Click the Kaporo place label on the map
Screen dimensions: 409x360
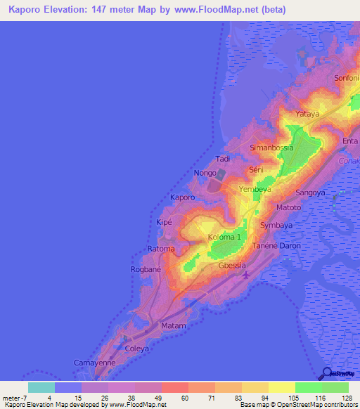coord(182,198)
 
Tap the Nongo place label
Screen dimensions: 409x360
coord(205,172)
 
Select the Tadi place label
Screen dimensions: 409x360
coord(223,159)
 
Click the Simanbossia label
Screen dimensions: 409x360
coord(272,148)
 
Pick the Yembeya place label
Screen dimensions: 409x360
coord(255,190)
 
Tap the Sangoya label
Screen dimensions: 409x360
coord(310,192)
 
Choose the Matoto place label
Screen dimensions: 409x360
coord(288,208)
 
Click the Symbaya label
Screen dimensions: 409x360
coord(276,225)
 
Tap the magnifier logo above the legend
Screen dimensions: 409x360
coord(328,374)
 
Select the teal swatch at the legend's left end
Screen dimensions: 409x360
coord(41,387)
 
